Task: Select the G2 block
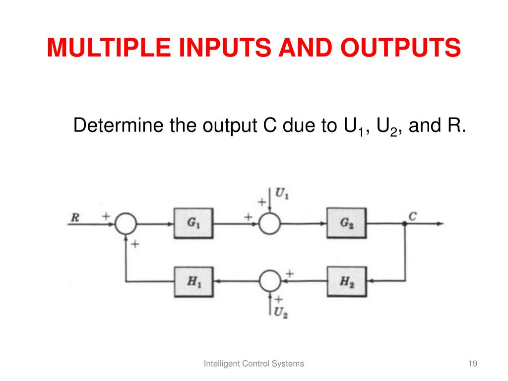[346, 223]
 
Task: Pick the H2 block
[346, 281]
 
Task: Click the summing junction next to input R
[126, 224]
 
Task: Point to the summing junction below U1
[269, 224]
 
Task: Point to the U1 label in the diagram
[282, 194]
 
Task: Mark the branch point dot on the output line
[405, 224]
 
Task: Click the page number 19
[472, 364]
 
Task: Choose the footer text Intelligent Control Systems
[254, 364]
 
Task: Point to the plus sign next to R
[106, 216]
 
